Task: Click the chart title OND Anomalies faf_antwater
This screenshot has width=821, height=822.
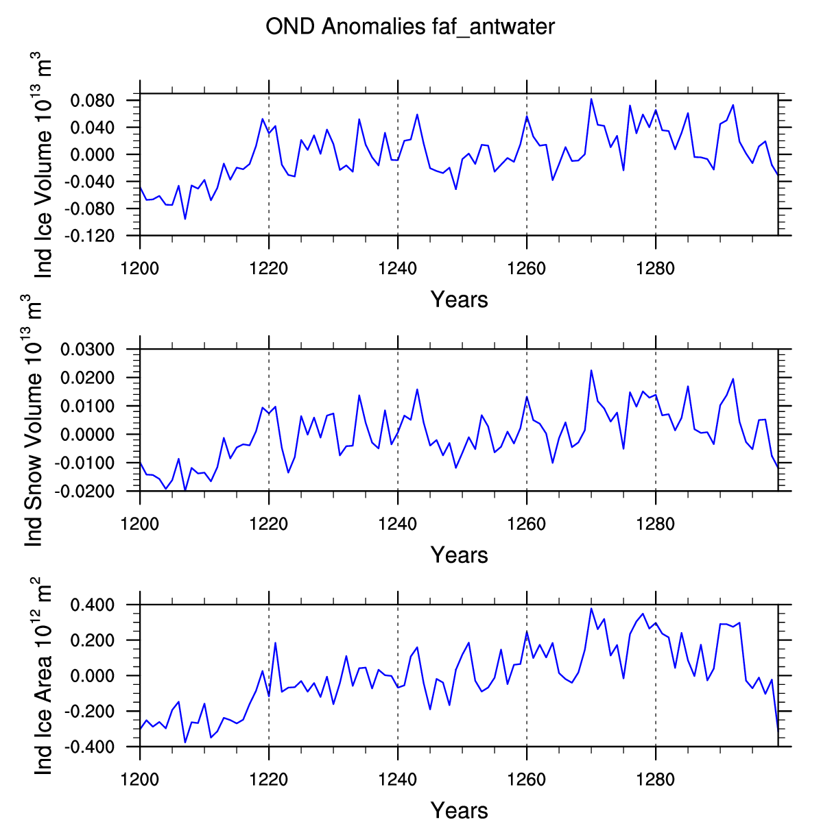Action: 409,27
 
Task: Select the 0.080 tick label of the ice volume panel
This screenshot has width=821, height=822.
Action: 93,101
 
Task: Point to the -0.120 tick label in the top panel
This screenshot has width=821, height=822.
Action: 89,236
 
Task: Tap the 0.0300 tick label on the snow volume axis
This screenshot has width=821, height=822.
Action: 88,349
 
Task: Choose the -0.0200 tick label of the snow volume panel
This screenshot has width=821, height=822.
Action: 84,492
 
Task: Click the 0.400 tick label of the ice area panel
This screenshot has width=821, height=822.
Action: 93,605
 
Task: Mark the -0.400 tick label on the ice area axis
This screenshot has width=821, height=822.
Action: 89,747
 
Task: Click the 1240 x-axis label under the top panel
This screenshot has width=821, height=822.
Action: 398,269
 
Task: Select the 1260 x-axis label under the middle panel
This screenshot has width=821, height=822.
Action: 527,524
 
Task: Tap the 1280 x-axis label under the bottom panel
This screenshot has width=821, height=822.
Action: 656,779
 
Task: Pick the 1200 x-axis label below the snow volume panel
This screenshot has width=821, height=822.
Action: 139,524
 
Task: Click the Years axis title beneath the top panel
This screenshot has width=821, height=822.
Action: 460,300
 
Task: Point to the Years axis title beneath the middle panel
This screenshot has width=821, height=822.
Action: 460,555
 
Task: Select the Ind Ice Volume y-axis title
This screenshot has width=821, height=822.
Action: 43,165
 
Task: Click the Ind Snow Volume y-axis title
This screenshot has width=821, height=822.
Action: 32,420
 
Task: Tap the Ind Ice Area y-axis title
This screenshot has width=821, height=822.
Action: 43,676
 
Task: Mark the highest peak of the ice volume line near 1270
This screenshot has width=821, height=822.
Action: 591,99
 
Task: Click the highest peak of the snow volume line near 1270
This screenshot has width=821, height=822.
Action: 591,371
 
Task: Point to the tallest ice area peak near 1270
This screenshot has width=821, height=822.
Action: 591,609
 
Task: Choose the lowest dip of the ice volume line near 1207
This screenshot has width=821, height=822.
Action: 185,219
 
